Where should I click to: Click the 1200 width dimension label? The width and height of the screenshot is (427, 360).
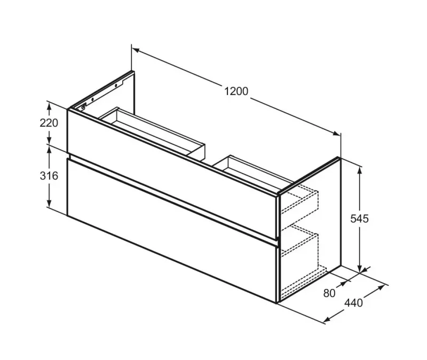click(x=236, y=91)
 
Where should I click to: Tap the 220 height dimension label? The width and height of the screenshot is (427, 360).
click(x=49, y=123)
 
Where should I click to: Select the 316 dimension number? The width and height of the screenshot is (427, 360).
click(x=49, y=176)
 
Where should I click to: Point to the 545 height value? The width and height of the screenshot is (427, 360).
click(x=359, y=218)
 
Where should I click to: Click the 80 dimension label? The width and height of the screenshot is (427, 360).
click(x=329, y=293)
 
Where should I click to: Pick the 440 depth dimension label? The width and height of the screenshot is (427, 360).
click(x=353, y=303)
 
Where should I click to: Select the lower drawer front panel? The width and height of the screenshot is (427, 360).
click(x=172, y=230)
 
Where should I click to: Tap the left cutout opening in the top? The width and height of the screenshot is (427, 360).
click(x=153, y=131)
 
